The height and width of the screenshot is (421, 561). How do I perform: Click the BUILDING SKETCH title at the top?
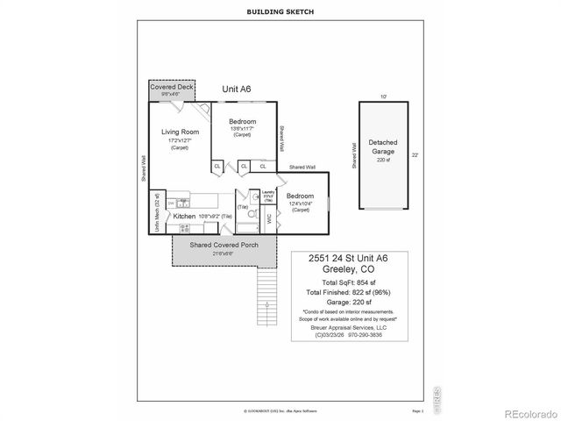(280, 11)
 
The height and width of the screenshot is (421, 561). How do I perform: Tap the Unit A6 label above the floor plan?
(236, 89)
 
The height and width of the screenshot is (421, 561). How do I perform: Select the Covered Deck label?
(171, 89)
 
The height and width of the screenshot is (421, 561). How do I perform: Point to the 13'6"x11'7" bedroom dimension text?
(242, 128)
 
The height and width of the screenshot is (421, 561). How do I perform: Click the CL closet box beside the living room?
(217, 165)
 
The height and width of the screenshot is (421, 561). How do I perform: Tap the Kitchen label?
(184, 216)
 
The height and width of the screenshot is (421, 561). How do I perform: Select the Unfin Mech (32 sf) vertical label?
(158, 211)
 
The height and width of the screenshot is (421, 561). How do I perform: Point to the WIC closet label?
(269, 220)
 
